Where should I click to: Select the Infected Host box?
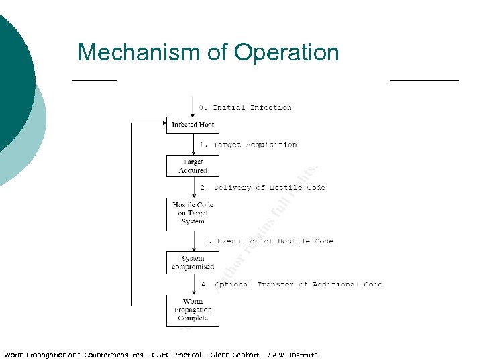coord(193,125)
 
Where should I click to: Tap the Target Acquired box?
coord(193,166)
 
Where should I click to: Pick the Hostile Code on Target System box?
coord(193,213)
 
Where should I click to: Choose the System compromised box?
coord(193,263)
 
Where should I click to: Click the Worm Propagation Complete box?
coord(193,310)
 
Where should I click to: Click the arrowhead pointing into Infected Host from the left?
coord(163,123)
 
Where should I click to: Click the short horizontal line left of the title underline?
coord(94,80)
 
